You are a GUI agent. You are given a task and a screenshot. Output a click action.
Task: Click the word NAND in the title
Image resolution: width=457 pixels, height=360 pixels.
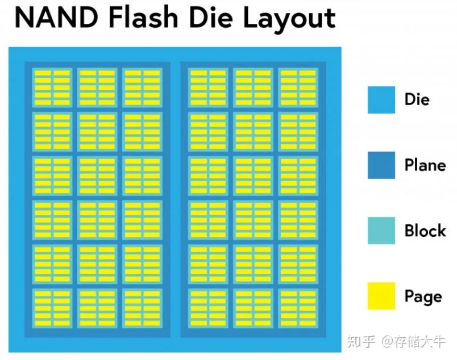click(56, 18)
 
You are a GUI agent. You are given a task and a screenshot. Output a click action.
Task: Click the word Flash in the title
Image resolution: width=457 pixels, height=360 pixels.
click(143, 17)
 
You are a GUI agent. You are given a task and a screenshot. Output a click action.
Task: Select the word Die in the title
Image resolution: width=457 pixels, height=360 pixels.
click(211, 17)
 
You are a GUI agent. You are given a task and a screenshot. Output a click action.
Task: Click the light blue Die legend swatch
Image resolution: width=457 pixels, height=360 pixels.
click(381, 100)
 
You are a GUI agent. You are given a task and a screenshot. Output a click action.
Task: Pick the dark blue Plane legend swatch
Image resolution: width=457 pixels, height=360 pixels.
click(381, 165)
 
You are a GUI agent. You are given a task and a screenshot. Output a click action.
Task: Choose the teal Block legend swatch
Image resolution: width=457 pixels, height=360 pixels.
click(381, 231)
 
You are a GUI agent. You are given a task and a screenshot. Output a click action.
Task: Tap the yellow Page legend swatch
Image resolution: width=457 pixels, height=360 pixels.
click(381, 296)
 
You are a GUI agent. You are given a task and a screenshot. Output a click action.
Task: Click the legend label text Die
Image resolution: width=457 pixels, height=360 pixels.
click(417, 99)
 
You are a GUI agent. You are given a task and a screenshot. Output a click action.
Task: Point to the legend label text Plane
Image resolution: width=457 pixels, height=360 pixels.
click(425, 165)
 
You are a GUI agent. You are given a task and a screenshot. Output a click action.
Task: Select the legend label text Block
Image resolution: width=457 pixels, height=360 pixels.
click(425, 231)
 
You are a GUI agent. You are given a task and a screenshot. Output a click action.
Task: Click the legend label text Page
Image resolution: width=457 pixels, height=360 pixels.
click(423, 297)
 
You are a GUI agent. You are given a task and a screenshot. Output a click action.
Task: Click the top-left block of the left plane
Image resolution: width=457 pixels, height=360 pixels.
click(52, 87)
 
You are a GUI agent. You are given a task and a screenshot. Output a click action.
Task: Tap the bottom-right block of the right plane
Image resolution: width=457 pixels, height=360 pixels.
click(298, 308)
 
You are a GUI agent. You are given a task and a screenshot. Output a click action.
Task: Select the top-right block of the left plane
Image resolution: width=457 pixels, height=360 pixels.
click(142, 87)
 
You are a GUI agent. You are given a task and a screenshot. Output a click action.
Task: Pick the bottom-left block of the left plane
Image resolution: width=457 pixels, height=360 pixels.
click(52, 308)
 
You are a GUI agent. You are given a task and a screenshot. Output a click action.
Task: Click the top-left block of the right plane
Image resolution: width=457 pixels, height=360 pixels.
click(208, 87)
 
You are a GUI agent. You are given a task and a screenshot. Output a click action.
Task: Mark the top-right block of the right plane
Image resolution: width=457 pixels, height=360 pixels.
click(298, 87)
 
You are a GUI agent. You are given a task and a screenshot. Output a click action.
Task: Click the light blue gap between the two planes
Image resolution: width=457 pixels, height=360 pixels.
click(176, 199)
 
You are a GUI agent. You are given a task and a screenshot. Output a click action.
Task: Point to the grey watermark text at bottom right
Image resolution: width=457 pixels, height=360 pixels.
click(396, 341)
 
